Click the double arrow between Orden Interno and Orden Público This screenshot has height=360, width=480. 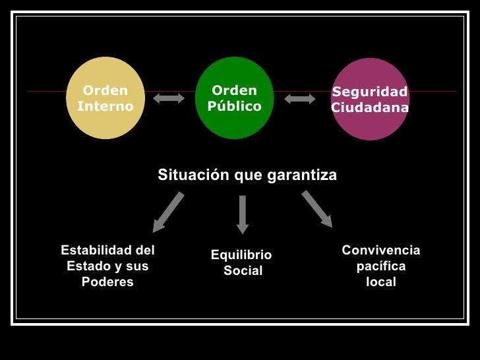(169, 98)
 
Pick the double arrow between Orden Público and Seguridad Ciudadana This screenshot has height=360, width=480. (300, 98)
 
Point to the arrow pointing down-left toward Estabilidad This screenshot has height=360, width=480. (168, 212)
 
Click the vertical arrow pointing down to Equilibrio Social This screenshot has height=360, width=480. (243, 214)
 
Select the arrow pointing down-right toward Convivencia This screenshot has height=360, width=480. (317, 209)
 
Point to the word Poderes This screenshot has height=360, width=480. (107, 282)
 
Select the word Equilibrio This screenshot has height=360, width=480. (241, 255)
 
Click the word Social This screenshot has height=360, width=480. (243, 271)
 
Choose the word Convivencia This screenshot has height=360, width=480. (380, 251)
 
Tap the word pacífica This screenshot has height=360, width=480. (380, 266)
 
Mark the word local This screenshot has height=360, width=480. (380, 282)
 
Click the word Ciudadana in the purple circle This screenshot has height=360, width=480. (369, 107)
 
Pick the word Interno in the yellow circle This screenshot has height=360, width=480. (105, 106)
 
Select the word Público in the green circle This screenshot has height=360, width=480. (234, 106)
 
